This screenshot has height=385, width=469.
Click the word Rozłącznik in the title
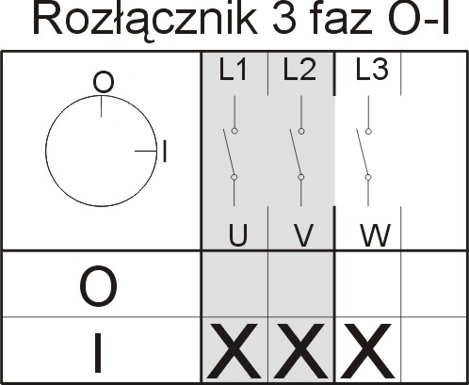(144, 20)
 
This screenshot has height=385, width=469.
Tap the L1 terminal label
(233, 70)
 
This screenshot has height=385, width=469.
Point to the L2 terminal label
(299, 70)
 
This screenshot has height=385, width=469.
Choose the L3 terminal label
(372, 69)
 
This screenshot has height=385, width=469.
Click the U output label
(237, 235)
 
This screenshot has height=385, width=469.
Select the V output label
(303, 235)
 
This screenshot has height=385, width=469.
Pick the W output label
(376, 234)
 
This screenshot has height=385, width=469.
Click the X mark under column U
(234, 351)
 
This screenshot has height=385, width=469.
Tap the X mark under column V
(299, 351)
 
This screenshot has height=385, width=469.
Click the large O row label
(99, 286)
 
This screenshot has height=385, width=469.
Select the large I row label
(99, 353)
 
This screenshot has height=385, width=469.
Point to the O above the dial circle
(104, 83)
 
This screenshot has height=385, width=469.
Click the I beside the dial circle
(165, 152)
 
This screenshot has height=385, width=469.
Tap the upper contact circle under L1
(234, 131)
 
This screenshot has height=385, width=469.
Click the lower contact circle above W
(368, 177)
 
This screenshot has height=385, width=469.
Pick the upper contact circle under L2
(301, 131)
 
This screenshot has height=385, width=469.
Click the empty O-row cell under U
(234, 284)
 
